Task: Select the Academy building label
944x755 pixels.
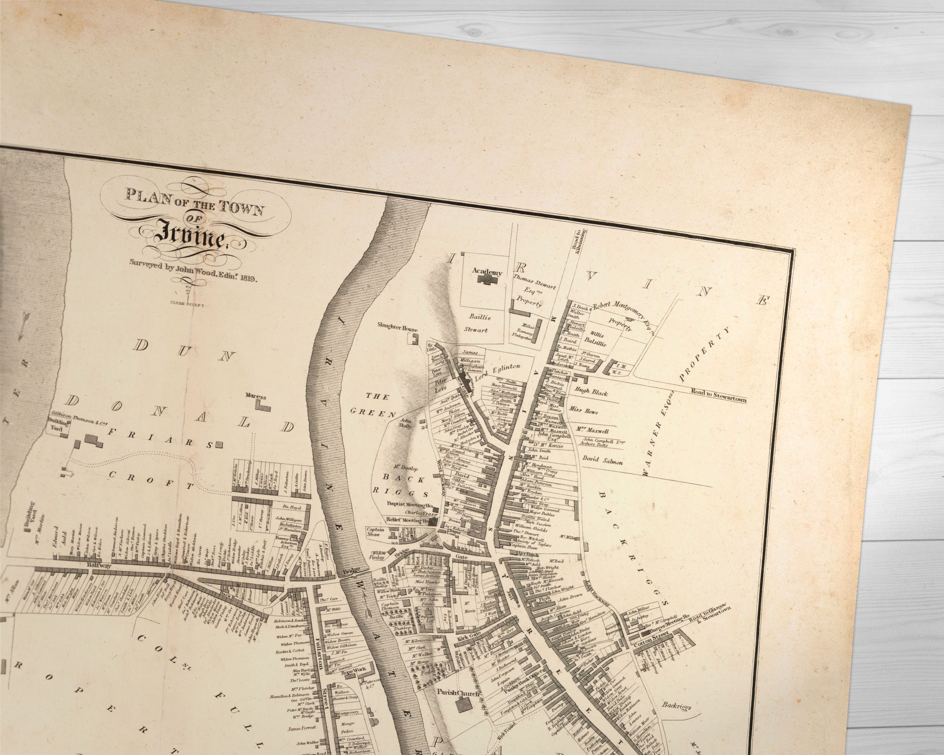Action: click(x=487, y=272)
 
